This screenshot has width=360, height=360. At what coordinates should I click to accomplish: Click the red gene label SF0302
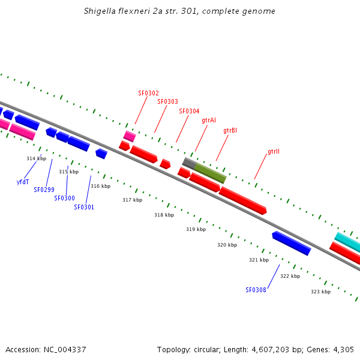148,93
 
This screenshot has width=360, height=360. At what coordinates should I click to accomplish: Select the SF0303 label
167,102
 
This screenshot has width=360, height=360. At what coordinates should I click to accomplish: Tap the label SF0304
189,111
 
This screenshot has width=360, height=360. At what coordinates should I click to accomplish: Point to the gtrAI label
209,121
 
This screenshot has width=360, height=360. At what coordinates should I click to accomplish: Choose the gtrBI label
230,131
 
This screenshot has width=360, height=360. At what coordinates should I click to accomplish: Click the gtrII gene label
274,152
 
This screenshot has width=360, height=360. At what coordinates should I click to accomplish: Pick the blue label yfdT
23,182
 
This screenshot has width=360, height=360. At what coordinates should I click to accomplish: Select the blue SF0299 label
44,190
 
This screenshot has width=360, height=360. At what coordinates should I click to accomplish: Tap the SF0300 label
64,198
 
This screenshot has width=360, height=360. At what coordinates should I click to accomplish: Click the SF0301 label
84,207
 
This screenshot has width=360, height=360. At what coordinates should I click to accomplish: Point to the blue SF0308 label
256,290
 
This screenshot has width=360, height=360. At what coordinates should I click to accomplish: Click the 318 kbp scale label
164,215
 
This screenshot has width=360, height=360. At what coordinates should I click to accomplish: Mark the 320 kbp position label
227,245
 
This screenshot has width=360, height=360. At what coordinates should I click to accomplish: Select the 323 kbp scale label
320,292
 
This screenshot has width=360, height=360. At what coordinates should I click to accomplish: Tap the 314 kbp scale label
36,158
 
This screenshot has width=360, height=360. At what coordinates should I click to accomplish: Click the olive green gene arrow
211,173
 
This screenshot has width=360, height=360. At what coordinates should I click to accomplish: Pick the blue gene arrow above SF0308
292,243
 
